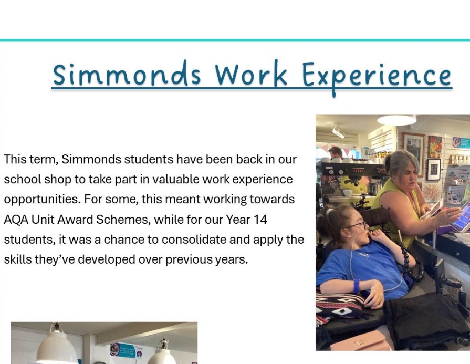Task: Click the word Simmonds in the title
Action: (127, 74)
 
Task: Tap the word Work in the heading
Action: (251, 74)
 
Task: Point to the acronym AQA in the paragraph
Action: (16, 220)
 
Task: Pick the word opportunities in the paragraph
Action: (42, 200)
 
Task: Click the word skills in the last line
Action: (18, 259)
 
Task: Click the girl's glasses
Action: (357, 225)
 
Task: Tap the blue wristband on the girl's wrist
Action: (357, 286)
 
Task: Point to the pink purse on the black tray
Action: (360, 341)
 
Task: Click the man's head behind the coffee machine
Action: (336, 152)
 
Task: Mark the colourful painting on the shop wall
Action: (435, 147)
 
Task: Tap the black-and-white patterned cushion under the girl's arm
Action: (340, 305)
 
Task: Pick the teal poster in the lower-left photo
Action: (126, 350)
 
